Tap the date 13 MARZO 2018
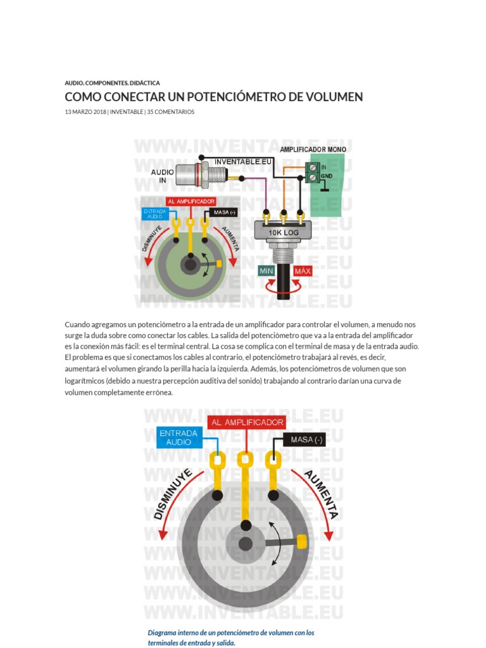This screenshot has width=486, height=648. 85,112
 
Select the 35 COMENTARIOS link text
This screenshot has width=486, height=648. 171,112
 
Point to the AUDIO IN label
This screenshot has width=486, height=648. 162,176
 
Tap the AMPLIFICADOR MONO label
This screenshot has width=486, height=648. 313,149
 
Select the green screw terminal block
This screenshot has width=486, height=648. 311,171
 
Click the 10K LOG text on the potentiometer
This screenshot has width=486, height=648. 283,232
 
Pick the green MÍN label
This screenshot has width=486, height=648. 266,271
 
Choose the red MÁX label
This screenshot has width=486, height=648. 303,271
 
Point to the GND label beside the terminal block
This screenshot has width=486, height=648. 327,176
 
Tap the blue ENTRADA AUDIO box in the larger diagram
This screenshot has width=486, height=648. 178,438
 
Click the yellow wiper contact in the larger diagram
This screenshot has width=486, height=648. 302,541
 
